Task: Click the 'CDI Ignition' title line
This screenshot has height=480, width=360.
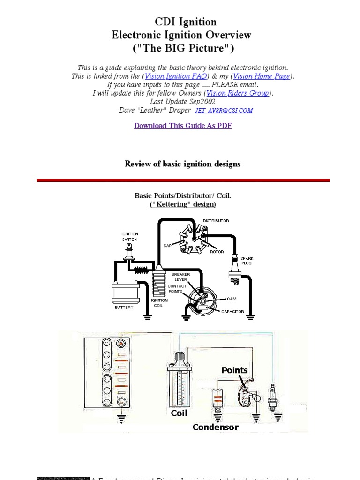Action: click(x=186, y=22)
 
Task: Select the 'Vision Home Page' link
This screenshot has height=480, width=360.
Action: click(x=262, y=76)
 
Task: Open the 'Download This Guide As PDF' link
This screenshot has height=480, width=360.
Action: click(x=183, y=125)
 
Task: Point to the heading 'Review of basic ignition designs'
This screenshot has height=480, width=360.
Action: click(x=182, y=164)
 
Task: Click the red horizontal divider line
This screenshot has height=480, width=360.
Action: click(x=183, y=180)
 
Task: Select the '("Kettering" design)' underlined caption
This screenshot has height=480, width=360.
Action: click(x=183, y=204)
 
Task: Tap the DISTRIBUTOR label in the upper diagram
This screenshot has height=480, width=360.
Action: click(x=216, y=220)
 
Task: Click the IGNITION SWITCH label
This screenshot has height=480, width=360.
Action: click(x=130, y=237)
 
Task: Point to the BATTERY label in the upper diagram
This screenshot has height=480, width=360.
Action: click(x=124, y=307)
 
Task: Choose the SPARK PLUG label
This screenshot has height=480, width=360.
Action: click(x=247, y=261)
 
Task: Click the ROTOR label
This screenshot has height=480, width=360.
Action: click(x=217, y=252)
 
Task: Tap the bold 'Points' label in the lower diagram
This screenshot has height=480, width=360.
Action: click(x=234, y=370)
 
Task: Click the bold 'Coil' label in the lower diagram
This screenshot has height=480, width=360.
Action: click(x=179, y=413)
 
